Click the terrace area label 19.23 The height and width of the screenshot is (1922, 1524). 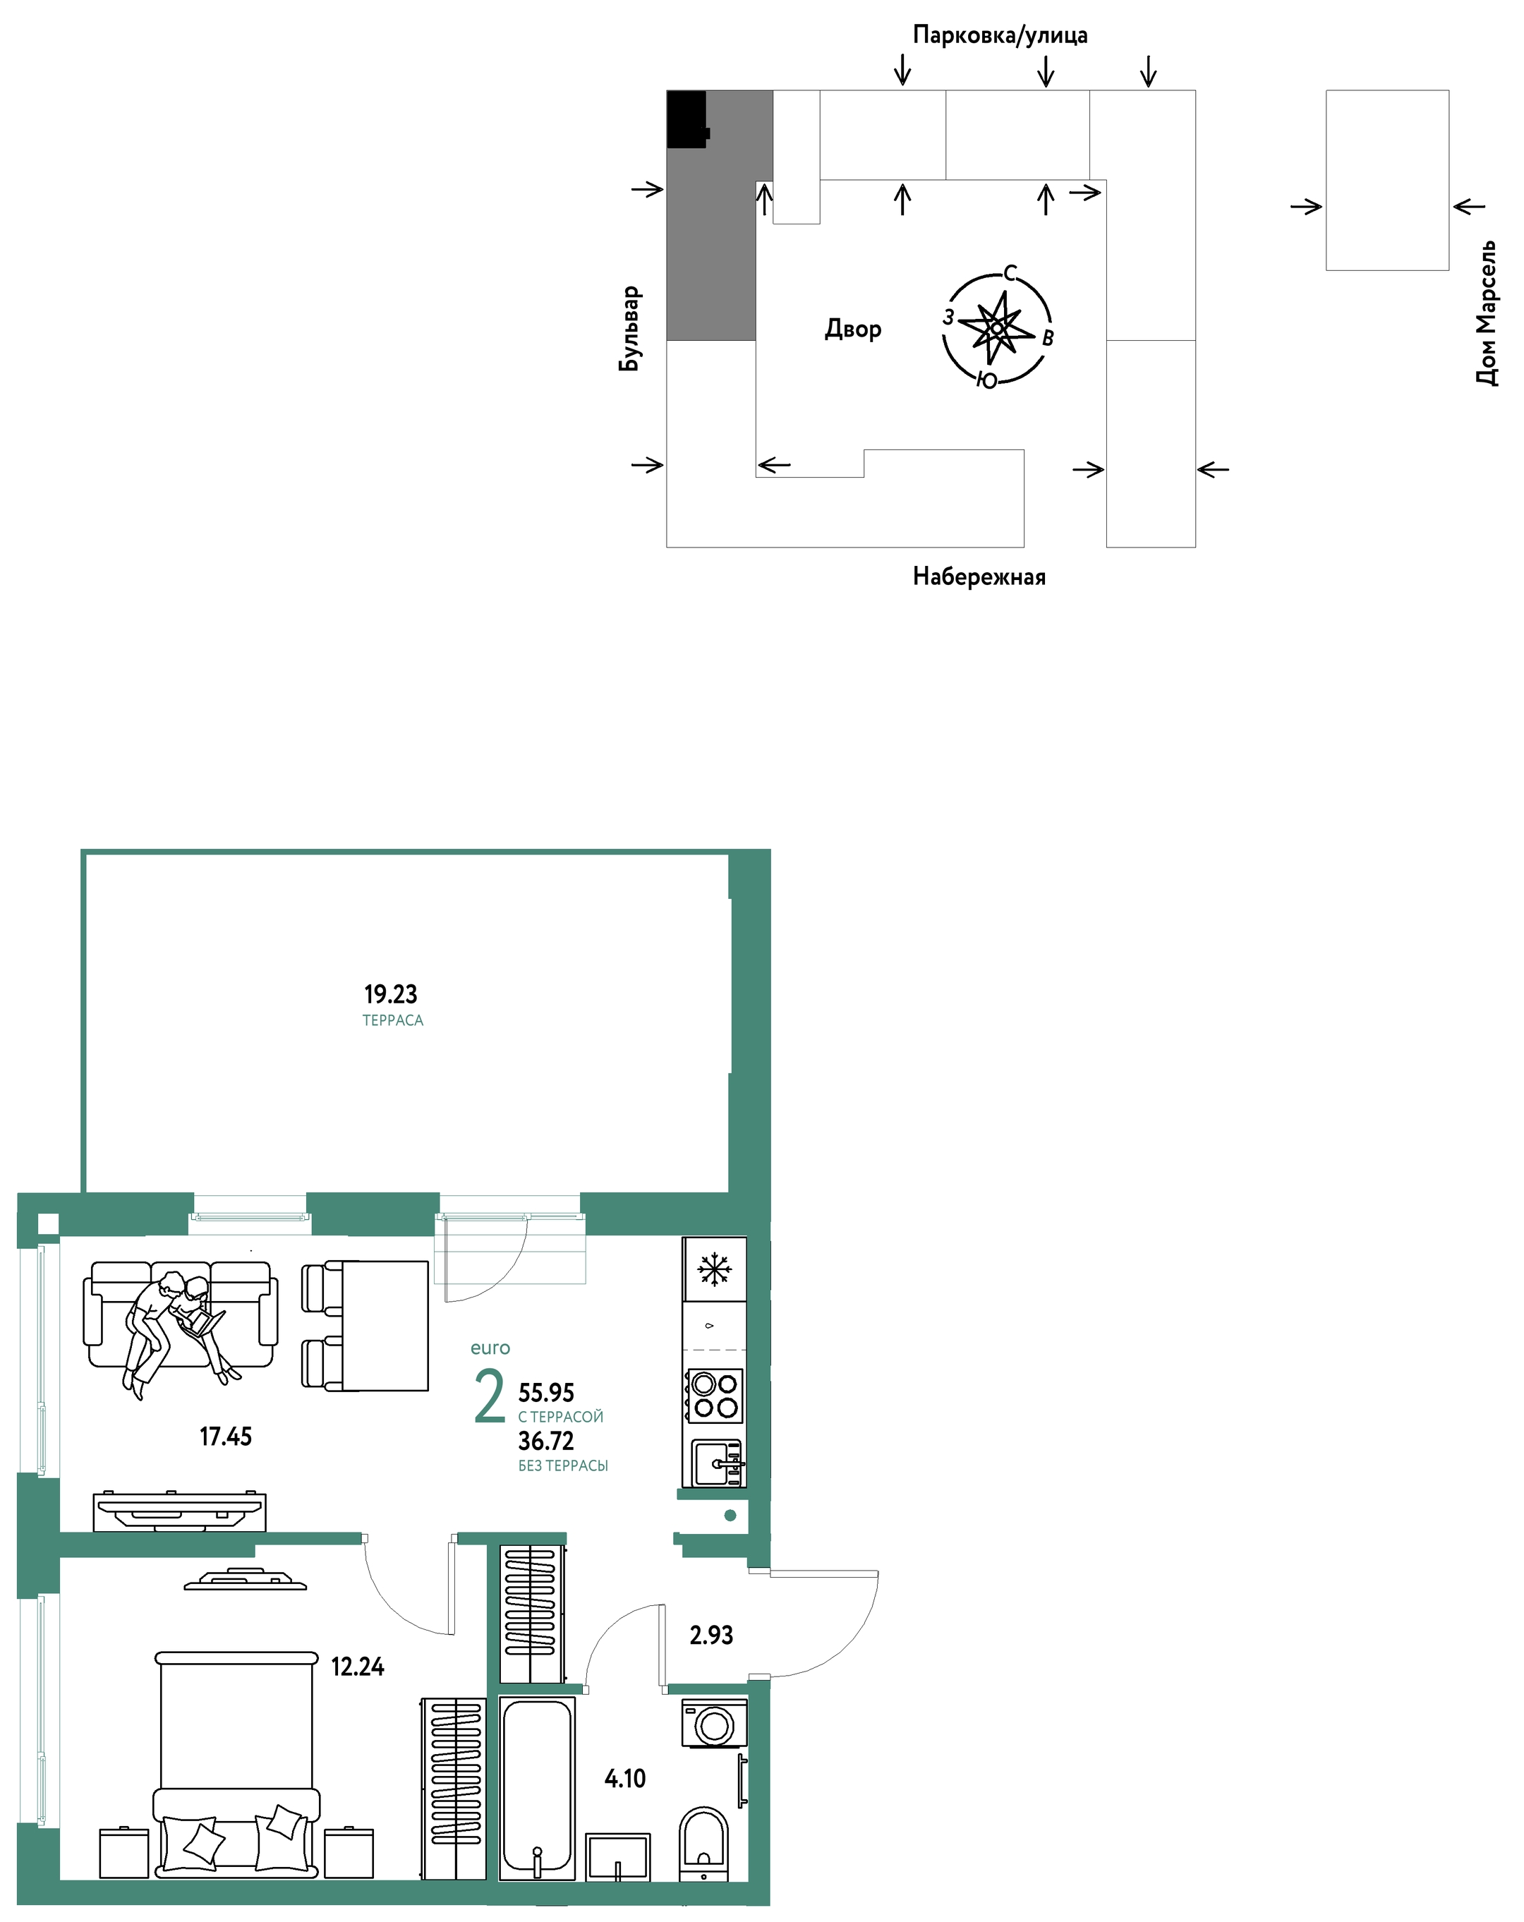click(390, 994)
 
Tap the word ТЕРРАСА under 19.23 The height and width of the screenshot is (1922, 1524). click(393, 1021)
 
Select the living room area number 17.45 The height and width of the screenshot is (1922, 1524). click(226, 1436)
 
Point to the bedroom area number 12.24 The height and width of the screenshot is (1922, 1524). click(358, 1666)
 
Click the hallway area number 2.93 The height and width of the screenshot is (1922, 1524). click(711, 1635)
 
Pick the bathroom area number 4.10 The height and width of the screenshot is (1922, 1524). click(624, 1779)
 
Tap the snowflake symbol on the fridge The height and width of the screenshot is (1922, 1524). click(714, 1269)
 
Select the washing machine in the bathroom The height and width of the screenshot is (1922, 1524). click(714, 1722)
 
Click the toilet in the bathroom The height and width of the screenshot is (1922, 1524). click(704, 1844)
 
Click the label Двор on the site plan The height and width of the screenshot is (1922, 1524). click(853, 329)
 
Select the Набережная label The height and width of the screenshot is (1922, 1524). click(979, 576)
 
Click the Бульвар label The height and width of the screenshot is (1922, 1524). click(629, 328)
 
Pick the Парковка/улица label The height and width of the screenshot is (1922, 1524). click(1000, 35)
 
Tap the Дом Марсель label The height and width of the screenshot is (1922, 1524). click(1486, 313)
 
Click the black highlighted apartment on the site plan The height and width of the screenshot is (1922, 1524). click(688, 119)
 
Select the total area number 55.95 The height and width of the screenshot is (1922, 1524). click(546, 1393)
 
